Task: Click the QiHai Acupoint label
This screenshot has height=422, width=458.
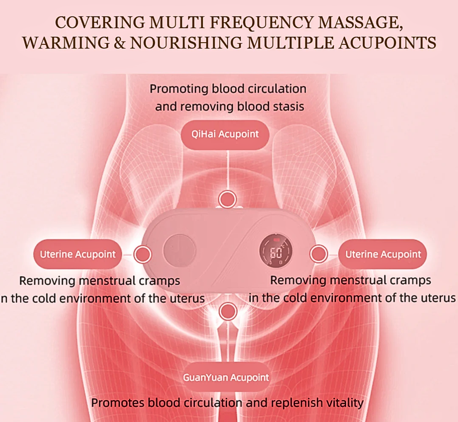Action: coord(225,134)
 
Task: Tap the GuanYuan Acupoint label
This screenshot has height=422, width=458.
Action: coord(226,377)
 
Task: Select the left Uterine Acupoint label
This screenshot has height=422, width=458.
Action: coord(78,254)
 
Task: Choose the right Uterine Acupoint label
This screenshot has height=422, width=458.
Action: coord(383,254)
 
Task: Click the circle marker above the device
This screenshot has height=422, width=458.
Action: coord(227,199)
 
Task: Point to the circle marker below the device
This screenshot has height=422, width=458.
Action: coord(228,311)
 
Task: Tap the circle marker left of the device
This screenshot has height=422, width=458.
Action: coord(143,254)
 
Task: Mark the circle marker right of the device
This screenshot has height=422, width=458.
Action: coord(319,254)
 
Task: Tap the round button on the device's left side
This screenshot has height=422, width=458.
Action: coord(180,250)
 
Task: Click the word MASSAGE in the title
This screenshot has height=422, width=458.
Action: coord(360,23)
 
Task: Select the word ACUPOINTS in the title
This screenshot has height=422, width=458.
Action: coord(387,43)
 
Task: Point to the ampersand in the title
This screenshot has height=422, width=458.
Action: coord(120,43)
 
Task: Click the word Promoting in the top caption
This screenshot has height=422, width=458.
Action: coord(179,89)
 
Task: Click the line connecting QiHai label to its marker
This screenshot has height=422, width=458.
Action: coord(228,170)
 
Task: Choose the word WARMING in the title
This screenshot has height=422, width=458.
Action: coord(66,43)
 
